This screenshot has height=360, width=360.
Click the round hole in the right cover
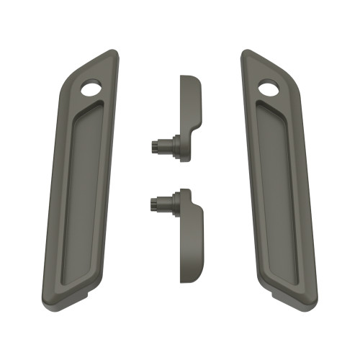point(269,89)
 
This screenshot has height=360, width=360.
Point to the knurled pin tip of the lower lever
point(156,204)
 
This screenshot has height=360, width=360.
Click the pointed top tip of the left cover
point(113,51)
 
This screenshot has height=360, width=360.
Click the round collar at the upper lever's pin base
point(174,145)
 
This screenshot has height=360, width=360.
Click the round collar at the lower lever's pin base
point(174,204)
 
